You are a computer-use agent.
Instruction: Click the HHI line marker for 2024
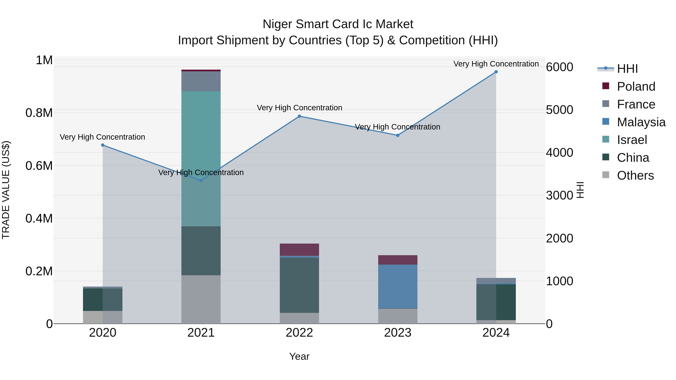pos(496,72)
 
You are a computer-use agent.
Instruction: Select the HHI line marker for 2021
pos(201,180)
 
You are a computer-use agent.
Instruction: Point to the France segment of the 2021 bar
pos(201,81)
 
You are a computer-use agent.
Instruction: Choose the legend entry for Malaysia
pos(641,122)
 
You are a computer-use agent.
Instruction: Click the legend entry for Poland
pos(636,87)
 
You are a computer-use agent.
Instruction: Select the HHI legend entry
pos(627,69)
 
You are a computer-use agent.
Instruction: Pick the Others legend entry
pos(635,175)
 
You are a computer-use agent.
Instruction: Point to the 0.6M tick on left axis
pos(39,166)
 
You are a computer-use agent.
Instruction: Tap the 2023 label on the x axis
pos(398,333)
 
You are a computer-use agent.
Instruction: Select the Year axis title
pos(299,356)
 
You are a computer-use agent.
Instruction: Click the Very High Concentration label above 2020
pos(102,137)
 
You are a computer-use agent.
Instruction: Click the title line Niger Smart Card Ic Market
pos(338,24)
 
